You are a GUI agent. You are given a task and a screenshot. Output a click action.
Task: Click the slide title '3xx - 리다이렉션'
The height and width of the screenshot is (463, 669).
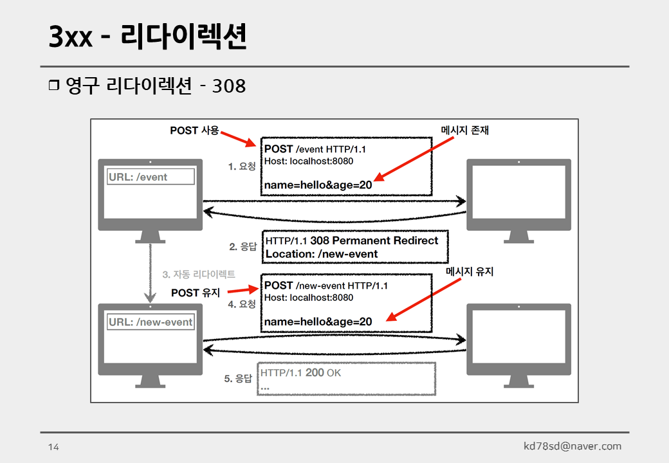pos(148,38)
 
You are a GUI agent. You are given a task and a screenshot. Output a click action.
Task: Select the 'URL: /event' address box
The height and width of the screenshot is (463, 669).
pos(151,177)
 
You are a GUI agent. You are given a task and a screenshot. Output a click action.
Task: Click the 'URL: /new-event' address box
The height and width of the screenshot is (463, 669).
pos(151,322)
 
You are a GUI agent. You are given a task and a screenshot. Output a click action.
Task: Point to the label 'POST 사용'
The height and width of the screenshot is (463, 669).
pos(194,131)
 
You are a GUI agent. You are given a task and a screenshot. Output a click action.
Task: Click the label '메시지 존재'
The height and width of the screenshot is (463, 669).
pos(465,131)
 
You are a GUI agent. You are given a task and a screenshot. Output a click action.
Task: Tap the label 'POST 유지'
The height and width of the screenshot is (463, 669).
pos(196,293)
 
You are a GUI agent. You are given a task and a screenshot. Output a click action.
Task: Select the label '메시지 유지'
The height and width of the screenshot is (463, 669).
pos(470,272)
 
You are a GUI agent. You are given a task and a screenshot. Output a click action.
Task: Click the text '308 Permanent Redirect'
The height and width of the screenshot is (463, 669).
pos(374,241)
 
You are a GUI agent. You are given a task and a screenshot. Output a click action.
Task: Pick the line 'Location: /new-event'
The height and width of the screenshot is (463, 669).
pos(322,254)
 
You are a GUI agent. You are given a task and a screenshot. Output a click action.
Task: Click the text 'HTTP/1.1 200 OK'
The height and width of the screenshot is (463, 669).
pos(301,373)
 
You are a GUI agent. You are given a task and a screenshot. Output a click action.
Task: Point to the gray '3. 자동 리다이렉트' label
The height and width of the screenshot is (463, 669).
pos(199,275)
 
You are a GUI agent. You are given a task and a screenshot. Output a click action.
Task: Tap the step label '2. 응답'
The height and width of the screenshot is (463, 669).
pos(243,246)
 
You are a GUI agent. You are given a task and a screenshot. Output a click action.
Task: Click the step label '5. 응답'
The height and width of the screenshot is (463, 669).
pos(238,379)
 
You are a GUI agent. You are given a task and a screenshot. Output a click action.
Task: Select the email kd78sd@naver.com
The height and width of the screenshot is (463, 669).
pos(573,446)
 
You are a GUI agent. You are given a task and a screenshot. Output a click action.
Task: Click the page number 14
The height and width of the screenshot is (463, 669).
pos(53,447)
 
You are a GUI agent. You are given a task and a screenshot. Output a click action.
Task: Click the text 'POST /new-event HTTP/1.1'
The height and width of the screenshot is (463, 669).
pos(326,286)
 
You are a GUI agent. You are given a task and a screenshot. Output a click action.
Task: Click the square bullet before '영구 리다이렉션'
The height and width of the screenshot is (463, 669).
pos(53,86)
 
